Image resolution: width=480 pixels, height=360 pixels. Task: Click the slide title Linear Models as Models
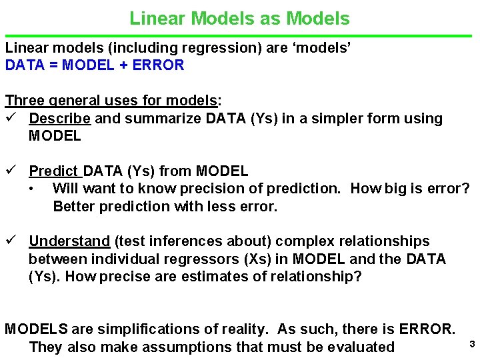coord(239,18)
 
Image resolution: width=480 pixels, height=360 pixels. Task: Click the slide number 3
coord(471,344)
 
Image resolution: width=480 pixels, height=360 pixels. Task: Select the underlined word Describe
coord(60,119)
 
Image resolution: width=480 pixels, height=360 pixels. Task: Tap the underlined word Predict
coord(54,171)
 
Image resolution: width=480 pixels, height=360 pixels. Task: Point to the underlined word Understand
coord(69,241)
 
